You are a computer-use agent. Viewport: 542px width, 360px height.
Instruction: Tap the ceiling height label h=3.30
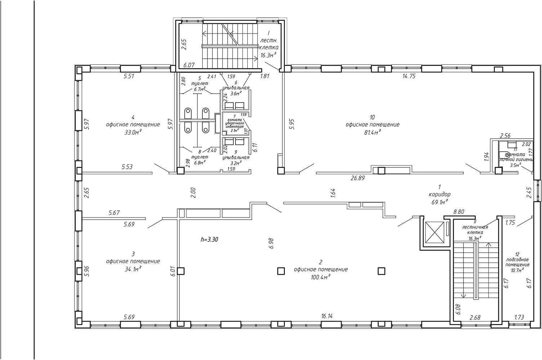[210, 239]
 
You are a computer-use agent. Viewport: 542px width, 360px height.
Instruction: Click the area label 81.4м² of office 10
[372, 132]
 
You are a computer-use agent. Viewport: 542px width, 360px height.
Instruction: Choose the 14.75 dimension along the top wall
[409, 76]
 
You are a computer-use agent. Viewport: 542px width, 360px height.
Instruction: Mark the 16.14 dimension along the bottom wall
[326, 316]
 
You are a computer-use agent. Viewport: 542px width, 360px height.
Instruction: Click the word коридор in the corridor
[439, 194]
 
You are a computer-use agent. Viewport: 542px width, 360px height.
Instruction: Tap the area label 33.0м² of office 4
[133, 132]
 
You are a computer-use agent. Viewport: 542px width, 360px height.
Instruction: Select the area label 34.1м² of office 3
[133, 269]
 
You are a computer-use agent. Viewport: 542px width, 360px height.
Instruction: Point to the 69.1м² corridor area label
[439, 202]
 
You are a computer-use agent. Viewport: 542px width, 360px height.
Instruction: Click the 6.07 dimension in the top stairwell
[189, 65]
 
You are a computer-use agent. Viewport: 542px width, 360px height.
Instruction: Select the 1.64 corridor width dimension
[332, 193]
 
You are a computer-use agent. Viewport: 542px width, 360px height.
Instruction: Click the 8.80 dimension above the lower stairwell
[458, 212]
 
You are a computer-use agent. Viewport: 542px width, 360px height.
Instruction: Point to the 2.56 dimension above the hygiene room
[505, 136]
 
